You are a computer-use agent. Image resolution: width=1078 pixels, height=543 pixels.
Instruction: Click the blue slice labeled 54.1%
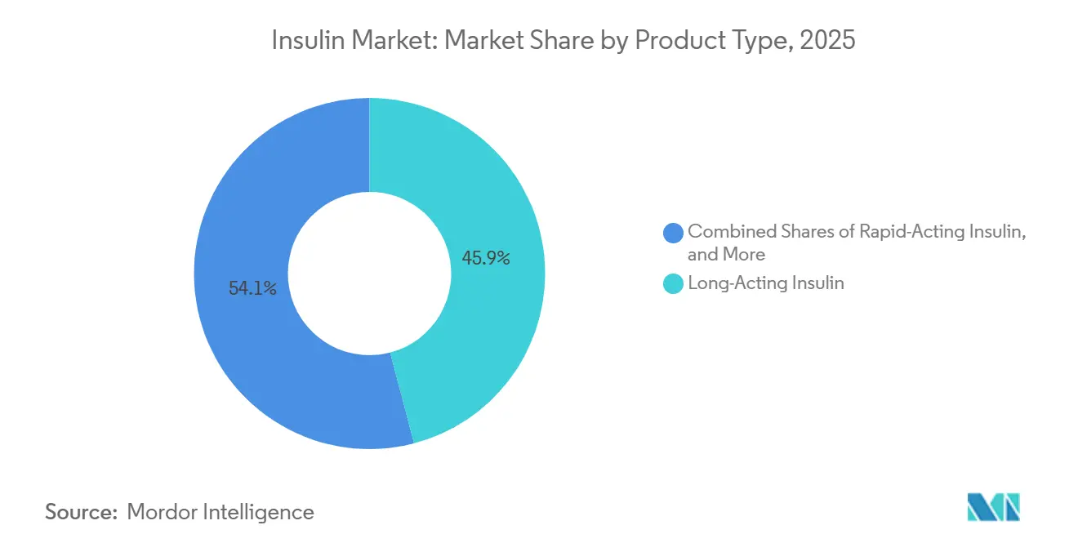click(245, 343)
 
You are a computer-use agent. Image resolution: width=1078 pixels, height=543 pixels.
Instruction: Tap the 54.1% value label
click(252, 288)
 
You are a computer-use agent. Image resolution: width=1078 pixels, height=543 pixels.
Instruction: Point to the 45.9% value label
click(486, 259)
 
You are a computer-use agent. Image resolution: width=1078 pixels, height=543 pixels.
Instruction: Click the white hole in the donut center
click(369, 274)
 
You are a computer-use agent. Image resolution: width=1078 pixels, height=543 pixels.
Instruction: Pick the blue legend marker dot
click(674, 233)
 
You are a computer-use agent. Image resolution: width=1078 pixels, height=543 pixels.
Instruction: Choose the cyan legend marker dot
click(674, 284)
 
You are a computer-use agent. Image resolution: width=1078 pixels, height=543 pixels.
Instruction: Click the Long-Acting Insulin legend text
click(765, 283)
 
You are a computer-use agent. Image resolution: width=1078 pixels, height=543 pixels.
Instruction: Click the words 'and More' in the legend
click(726, 255)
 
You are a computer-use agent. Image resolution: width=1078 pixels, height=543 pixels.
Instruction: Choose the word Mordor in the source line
click(163, 512)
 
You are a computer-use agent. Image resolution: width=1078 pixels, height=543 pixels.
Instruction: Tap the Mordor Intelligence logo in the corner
click(993, 507)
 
